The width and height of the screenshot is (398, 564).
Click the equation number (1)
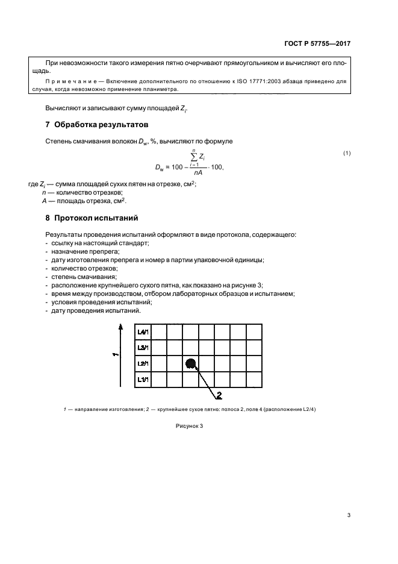[347, 153]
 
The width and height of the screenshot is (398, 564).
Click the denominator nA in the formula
[194, 172]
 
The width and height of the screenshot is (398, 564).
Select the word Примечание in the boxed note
[70, 80]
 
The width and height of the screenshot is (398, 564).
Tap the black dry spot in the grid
[191, 363]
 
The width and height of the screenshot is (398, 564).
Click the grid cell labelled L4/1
[143, 332]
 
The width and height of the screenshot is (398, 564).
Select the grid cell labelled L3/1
[143, 348]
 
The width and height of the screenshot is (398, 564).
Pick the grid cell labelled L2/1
[143, 363]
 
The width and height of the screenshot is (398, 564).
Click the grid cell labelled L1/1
[143, 379]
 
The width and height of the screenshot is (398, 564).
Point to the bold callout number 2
[219, 395]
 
